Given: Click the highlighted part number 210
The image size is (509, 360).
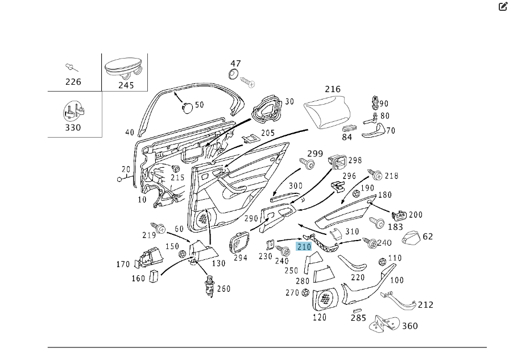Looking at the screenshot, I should pyautogui.click(x=304, y=247).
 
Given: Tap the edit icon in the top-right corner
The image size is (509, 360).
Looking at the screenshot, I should pyautogui.click(x=503, y=7).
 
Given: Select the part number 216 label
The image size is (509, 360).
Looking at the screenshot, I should pyautogui.click(x=333, y=89).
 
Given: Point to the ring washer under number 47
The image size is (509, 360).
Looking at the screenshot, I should pyautogui.click(x=233, y=75).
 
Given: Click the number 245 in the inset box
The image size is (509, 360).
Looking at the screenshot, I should pyautogui.click(x=126, y=85).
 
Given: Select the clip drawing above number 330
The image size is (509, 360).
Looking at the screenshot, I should pyautogui.click(x=73, y=111).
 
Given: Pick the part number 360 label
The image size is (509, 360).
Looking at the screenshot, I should pyautogui.click(x=409, y=326).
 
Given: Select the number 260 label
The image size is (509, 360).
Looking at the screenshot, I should pyautogui.click(x=224, y=289).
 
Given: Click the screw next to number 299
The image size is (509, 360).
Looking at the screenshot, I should pyautogui.click(x=310, y=164).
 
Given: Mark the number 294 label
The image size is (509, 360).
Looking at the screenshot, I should pyautogui.click(x=240, y=258).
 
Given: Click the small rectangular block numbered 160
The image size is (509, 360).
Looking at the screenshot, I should pyautogui.click(x=152, y=276).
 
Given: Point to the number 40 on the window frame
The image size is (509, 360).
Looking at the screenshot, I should pyautogui.click(x=130, y=133).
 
